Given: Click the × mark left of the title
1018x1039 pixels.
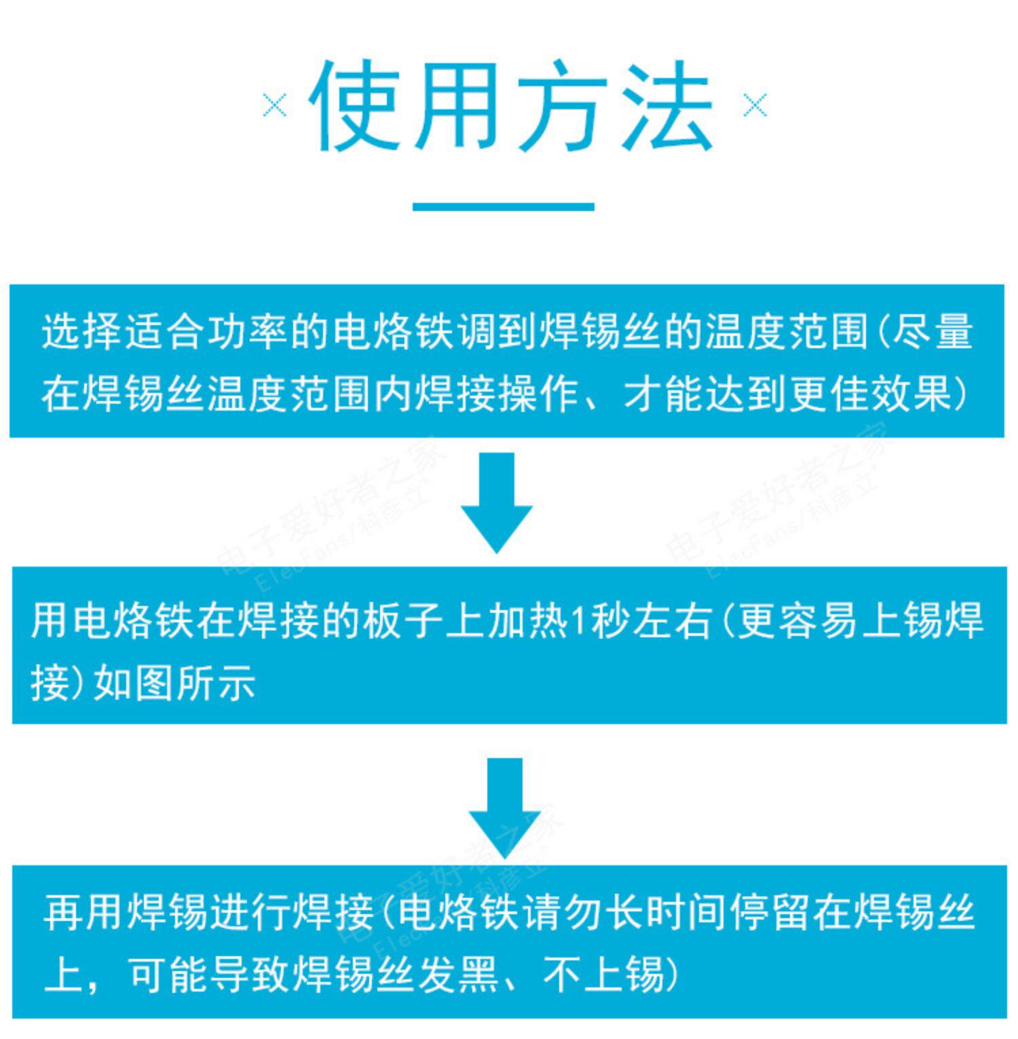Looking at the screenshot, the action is point(275,106).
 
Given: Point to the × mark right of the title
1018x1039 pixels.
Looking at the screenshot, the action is point(755,106).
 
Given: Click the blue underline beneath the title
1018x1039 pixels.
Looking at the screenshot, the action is point(504,206).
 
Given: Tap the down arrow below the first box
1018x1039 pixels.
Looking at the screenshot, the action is point(497,502).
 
